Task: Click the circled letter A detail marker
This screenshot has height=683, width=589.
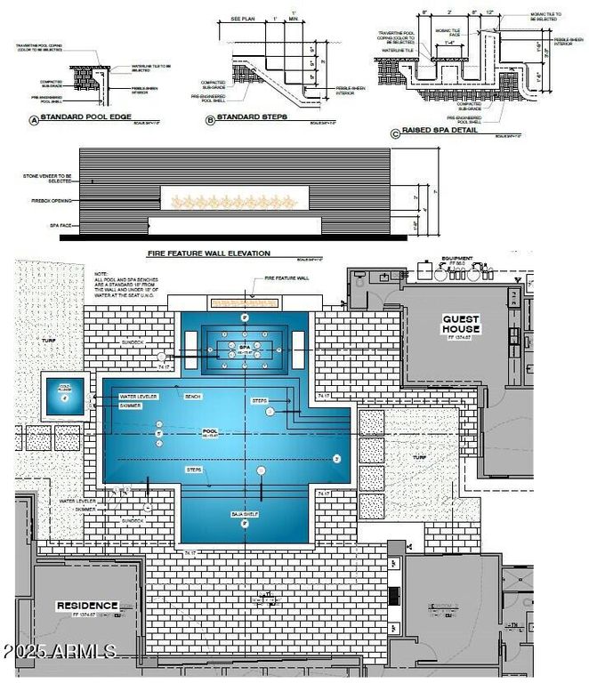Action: click(33, 119)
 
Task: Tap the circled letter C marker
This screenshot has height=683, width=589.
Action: click(395, 133)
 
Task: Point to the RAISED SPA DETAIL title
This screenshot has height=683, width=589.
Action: click(440, 130)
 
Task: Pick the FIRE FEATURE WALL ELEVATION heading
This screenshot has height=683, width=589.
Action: click(208, 253)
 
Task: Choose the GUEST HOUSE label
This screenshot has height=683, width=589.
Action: click(461, 324)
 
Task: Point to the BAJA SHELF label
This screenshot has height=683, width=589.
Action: click(244, 511)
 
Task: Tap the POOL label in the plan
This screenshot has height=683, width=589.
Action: click(211, 432)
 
